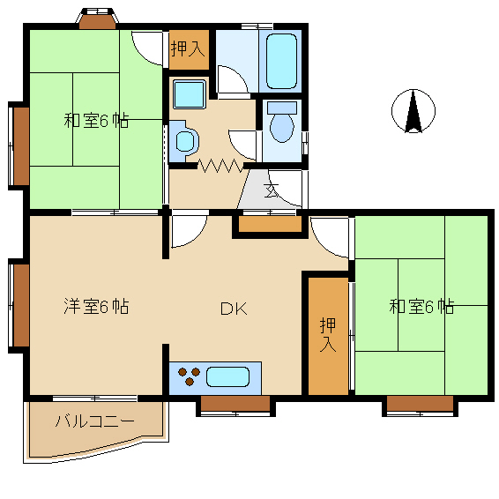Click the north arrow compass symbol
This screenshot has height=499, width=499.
click(x=412, y=112)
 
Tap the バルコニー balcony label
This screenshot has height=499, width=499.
click(x=94, y=421)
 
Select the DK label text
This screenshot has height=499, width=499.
click(x=233, y=309)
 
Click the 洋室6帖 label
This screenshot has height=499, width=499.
click(x=96, y=307)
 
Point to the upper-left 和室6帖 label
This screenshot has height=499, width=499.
click(x=96, y=121)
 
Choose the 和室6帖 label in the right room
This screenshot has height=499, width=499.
click(x=421, y=307)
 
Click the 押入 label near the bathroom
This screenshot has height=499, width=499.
click(x=188, y=49)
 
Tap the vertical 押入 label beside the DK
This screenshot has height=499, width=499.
click(x=328, y=334)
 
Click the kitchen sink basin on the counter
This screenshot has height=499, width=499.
click(x=227, y=377)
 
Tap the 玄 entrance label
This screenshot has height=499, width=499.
click(x=272, y=189)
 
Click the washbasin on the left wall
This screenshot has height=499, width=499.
click(x=184, y=139)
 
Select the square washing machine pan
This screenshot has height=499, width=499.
click(x=188, y=93)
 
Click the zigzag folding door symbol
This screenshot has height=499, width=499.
click(x=220, y=165)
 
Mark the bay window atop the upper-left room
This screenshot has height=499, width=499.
click(x=98, y=19)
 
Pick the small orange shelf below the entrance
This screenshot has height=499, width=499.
click(x=269, y=226)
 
